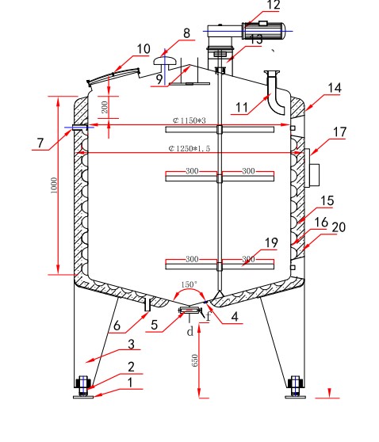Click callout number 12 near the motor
tap(273, 5)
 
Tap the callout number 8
tap(186, 33)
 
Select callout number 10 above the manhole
tap(144, 49)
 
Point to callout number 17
tap(339, 132)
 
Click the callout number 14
tap(335, 88)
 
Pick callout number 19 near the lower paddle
tap(271, 242)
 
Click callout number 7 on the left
tap(40, 143)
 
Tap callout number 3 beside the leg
tap(131, 345)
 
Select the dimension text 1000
tap(54, 185)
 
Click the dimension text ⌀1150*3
tap(189, 120)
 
